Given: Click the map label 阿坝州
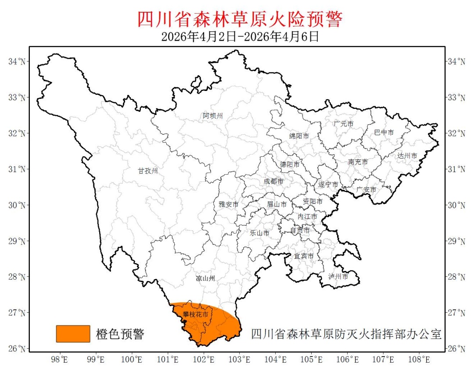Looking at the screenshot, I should (213, 116).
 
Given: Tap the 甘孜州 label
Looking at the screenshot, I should (147, 171).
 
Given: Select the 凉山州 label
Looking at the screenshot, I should (205, 278).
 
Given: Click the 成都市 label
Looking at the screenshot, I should (273, 181).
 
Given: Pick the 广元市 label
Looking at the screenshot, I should (343, 124).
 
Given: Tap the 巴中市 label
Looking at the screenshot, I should (384, 133).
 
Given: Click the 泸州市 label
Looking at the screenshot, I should (338, 277).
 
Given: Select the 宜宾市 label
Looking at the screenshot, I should (304, 256).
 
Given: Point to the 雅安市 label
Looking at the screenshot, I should (229, 205).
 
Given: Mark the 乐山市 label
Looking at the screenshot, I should (260, 233).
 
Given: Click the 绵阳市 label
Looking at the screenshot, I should (299, 136).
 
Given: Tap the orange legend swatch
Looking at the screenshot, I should (73, 334).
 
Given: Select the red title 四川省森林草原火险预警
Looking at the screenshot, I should (240, 19).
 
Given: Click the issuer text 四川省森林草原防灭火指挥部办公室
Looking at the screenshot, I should (346, 334).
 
